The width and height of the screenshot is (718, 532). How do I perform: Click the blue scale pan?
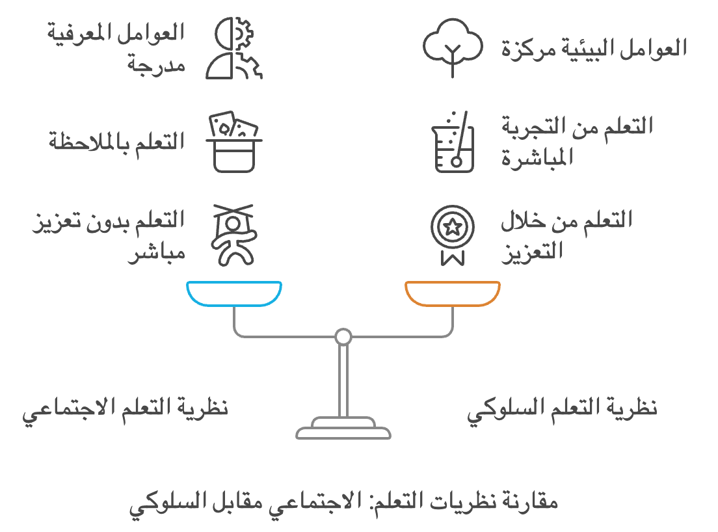pyautogui.click(x=234, y=293)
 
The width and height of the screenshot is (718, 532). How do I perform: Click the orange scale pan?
pyautogui.click(x=453, y=293)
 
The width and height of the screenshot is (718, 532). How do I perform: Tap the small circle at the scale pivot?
pyautogui.click(x=343, y=337)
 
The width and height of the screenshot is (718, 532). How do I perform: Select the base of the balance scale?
pyautogui.click(x=343, y=429)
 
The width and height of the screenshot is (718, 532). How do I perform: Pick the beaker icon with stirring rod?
pyautogui.click(x=453, y=142)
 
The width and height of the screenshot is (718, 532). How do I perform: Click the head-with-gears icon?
pyautogui.click(x=234, y=48)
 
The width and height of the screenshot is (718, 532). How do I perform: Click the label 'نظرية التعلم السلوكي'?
pyautogui.click(x=563, y=410)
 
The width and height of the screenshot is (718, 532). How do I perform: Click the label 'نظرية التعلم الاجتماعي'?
pyautogui.click(x=126, y=410)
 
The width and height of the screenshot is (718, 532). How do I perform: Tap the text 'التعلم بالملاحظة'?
pyautogui.click(x=117, y=142)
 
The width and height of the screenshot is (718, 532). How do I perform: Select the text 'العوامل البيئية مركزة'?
pyautogui.click(x=594, y=49)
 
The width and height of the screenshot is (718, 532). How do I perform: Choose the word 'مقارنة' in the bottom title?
pyautogui.click(x=533, y=502)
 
